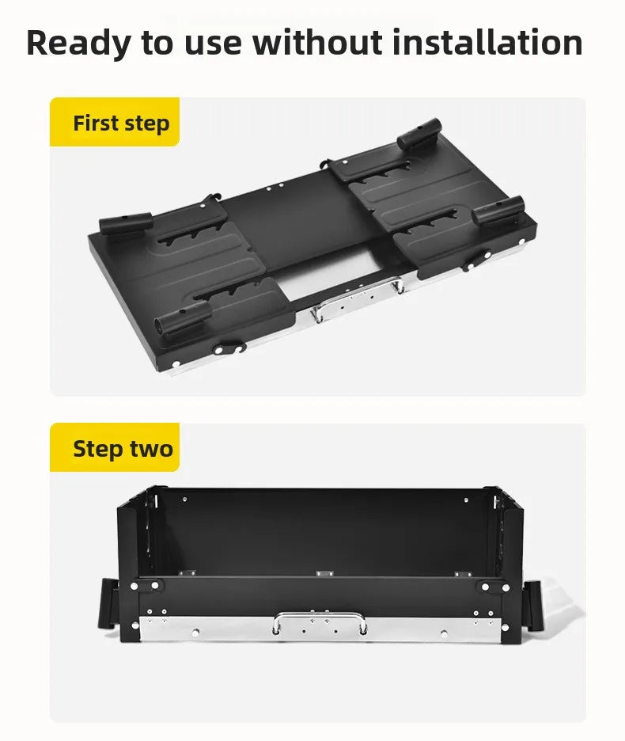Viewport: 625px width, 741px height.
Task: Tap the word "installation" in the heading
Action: tap(487, 42)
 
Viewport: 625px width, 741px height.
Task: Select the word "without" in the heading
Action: tap(317, 42)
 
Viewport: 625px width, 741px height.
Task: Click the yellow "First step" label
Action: tap(115, 122)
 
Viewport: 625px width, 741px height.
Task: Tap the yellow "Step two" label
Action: tap(115, 447)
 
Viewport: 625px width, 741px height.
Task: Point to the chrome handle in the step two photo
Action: tap(320, 622)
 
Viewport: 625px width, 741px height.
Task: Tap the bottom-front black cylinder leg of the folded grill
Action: tap(183, 317)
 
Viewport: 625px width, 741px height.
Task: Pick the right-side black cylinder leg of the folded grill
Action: tap(498, 211)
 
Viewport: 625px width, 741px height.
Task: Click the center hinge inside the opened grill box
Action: tap(324, 574)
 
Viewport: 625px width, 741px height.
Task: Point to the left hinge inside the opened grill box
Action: tap(187, 573)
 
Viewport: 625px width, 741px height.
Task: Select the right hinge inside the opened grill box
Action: tap(463, 574)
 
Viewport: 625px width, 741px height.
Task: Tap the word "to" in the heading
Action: tap(157, 43)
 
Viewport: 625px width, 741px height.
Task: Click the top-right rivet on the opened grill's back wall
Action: tap(466, 500)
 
